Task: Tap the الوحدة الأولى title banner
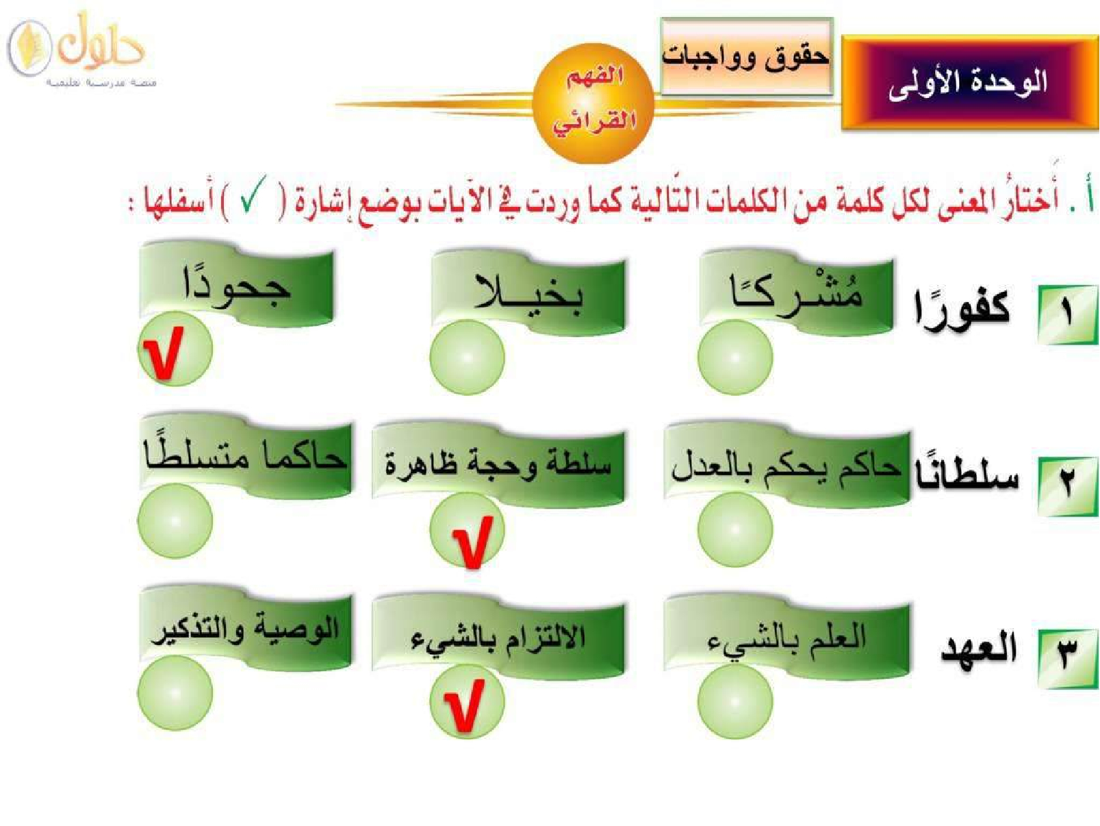pos(969,83)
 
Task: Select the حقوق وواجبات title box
pos(746,56)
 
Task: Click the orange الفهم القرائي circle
pos(594,103)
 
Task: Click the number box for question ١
pos(1067,315)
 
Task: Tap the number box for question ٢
pos(1067,486)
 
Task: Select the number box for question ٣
pos(1067,658)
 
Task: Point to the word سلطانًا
pos(967,474)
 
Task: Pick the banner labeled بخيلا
pos(528,292)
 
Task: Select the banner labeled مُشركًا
pos(796,292)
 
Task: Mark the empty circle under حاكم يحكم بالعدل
pos(734,529)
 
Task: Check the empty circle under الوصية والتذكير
pos(175,692)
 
